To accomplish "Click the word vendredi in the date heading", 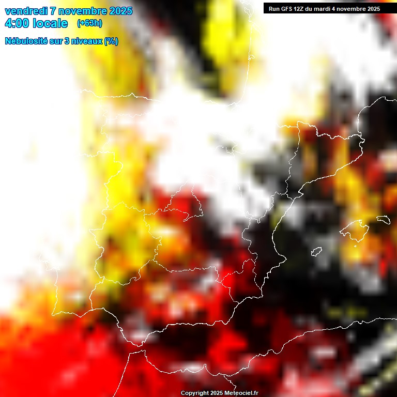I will tap(26, 11).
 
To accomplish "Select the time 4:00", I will tap(17, 23).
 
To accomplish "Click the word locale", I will tap(50, 23).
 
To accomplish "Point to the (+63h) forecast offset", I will tap(89, 23).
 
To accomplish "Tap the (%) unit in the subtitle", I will tap(111, 41).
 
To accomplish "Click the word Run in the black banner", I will tap(274, 9).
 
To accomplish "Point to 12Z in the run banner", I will tap(301, 9).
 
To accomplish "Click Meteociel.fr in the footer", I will tap(241, 393).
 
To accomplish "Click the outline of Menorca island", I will tap(383, 220).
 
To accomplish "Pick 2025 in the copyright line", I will tap(216, 393).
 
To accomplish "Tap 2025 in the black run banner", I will tap(372, 9).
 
